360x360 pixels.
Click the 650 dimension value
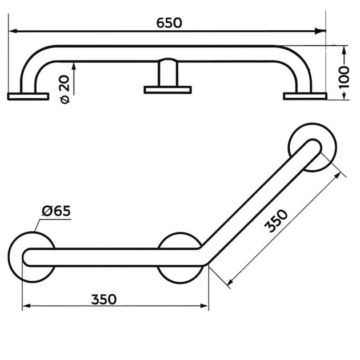point(169,23)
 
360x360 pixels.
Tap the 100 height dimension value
point(344,77)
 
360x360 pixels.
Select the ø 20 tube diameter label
point(64,89)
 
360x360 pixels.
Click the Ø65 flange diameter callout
point(56,211)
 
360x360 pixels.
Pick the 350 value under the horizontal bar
point(104,299)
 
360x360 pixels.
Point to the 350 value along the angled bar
point(276,221)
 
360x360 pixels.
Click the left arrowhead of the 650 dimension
point(13,31)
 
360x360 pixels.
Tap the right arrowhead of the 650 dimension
point(321,31)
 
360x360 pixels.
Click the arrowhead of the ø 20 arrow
point(74,66)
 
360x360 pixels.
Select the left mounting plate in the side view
point(28,97)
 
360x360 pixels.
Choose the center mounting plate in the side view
point(168,90)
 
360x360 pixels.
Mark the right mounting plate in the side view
point(305,96)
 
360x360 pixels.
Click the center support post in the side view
point(168,73)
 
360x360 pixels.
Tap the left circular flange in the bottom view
point(32,257)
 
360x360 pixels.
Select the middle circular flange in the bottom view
point(181,258)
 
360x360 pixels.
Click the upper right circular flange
point(313,147)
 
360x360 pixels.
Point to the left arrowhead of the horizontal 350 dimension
point(26,306)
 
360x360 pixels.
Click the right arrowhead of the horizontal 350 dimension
point(204,306)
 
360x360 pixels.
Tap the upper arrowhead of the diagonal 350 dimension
point(338,175)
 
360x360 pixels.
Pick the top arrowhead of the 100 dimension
point(343,50)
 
